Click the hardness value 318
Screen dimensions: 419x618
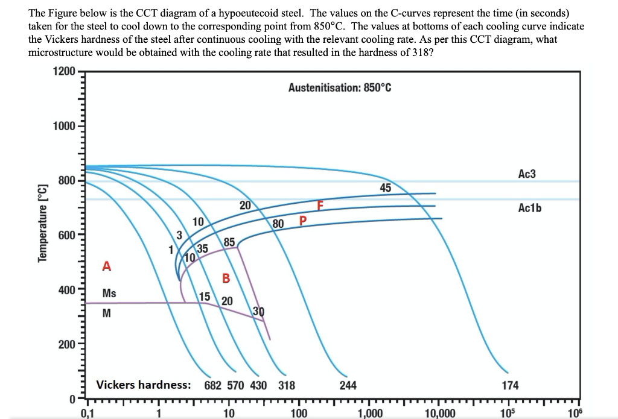(x=287, y=385)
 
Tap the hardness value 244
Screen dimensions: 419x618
(x=348, y=385)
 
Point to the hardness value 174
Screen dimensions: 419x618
(x=510, y=385)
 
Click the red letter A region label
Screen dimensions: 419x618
(x=107, y=266)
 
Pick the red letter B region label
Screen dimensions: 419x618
(x=226, y=278)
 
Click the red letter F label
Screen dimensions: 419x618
(x=321, y=206)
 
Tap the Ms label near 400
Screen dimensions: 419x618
(x=109, y=294)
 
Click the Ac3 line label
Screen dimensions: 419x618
(x=527, y=174)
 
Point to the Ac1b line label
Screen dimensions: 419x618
(x=530, y=208)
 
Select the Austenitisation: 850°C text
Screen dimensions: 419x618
(x=340, y=88)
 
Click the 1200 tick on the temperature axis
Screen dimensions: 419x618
(x=63, y=72)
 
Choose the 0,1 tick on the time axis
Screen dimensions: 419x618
(x=88, y=413)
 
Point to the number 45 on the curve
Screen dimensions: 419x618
(x=385, y=188)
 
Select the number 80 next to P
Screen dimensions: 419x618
(x=278, y=224)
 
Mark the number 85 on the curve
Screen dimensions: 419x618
(x=229, y=242)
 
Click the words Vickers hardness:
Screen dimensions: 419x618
(x=144, y=385)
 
